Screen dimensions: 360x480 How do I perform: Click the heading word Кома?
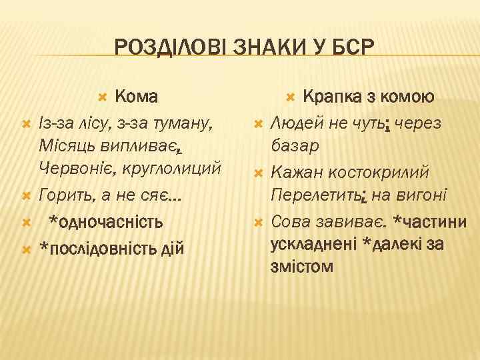pos(136,97)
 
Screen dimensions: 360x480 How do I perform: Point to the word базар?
pos(294,145)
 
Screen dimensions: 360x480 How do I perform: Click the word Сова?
pos(289,222)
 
